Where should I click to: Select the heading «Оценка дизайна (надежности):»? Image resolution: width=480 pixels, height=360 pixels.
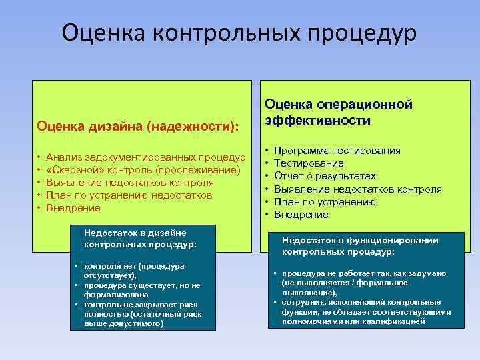click(137, 125)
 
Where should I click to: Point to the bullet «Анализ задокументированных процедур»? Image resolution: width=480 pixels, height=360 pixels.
click(146, 157)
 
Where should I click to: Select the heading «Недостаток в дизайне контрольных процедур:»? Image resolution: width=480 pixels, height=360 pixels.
click(141, 238)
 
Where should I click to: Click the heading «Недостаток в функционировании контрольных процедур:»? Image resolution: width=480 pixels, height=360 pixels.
click(361, 246)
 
